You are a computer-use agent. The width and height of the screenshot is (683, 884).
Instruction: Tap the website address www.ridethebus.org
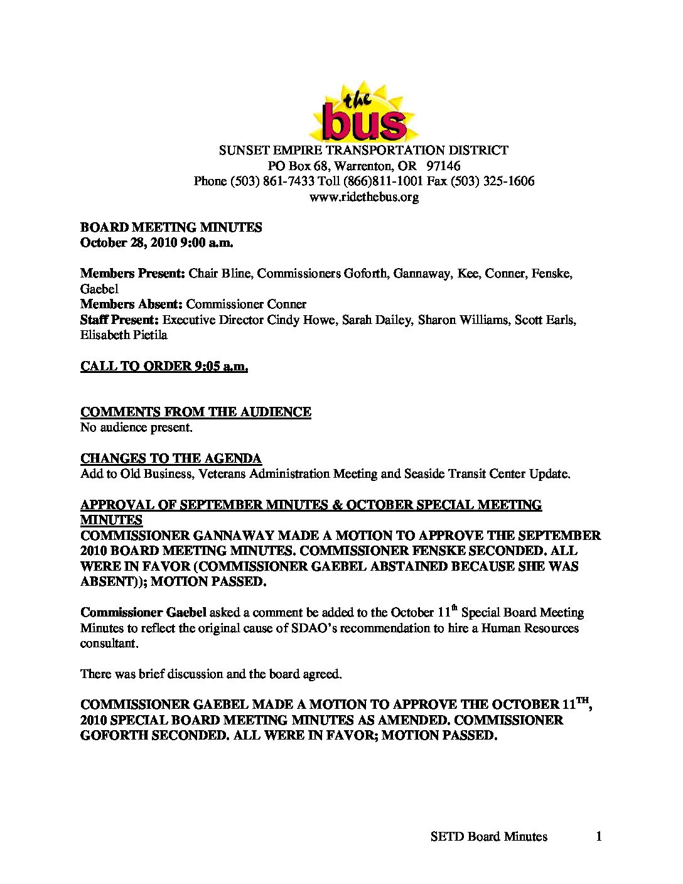coord(364,197)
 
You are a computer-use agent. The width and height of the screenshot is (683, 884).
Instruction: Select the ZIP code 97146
coord(443,166)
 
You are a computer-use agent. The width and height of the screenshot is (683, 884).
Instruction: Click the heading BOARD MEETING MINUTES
coord(171,228)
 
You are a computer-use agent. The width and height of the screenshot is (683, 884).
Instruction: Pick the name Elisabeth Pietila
coord(124,335)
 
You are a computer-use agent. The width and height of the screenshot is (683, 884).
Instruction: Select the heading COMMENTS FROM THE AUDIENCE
coord(196,412)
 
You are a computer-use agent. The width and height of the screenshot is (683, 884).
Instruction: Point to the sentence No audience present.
coord(136,428)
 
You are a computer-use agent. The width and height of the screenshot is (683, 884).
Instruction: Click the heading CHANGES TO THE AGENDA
coord(171,458)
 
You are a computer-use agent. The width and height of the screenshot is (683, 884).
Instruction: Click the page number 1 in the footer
coord(599,836)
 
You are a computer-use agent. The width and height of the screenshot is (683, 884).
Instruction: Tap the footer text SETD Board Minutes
coord(489,836)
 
